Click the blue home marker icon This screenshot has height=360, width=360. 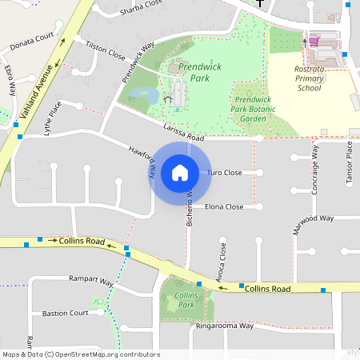pos(180,173)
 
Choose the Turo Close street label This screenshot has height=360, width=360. pos(224,173)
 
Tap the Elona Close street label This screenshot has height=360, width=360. pos(224,206)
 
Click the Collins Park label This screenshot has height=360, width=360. pos(185,301)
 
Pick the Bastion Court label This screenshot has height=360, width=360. pos(66,313)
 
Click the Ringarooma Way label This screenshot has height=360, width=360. pos(224,326)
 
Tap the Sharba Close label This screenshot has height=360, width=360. pos(140,10)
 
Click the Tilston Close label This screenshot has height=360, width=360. pos(106,52)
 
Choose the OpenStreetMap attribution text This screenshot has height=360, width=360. pos(80,354)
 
